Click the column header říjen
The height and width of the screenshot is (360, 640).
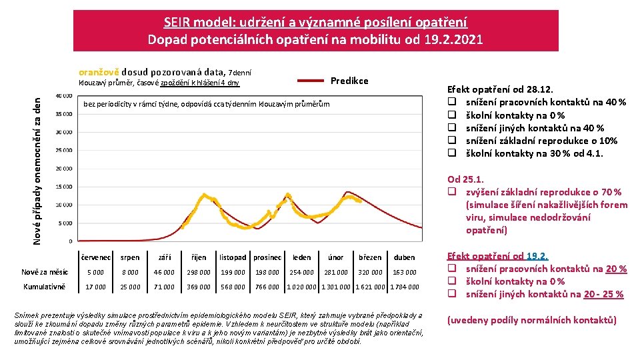[199, 257]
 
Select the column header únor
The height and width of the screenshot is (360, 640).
[336, 257]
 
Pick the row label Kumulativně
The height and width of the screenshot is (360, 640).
[44, 287]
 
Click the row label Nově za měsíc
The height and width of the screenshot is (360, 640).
[44, 272]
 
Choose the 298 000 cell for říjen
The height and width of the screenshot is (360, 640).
[199, 272]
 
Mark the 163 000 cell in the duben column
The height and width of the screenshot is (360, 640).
[405, 272]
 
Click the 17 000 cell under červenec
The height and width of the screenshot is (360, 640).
[96, 287]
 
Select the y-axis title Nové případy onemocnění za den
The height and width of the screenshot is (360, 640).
[37, 169]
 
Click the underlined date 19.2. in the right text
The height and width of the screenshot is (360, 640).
[537, 256]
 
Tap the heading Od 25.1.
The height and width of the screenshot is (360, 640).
[465, 179]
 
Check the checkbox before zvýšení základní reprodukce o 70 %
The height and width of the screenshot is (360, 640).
[452, 192]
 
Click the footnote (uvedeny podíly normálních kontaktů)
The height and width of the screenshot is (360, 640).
[531, 320]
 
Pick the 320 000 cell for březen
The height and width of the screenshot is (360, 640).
[370, 272]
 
